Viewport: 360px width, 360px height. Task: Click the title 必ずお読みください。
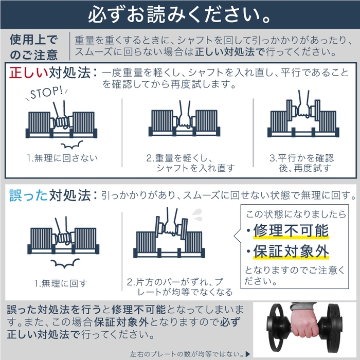click(x=180, y=14)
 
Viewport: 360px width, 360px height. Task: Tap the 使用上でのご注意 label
click(x=34, y=46)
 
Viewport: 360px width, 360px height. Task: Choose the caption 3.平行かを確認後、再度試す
click(x=302, y=163)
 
